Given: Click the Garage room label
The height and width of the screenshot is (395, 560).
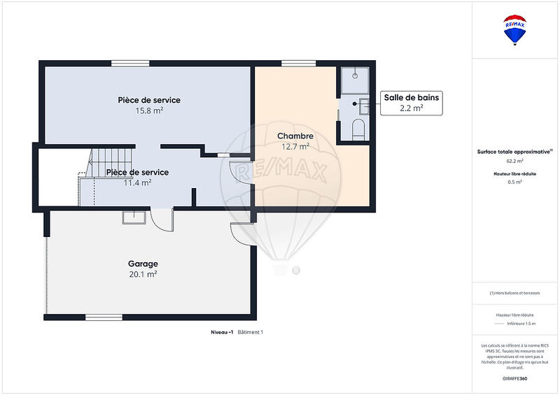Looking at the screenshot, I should [143, 264].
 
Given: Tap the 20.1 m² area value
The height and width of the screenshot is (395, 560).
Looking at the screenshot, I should [143, 274].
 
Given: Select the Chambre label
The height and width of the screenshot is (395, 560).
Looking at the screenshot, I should [295, 136].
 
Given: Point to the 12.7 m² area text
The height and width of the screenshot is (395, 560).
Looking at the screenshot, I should [295, 146].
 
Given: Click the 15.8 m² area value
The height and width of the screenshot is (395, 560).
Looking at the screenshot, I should [149, 110].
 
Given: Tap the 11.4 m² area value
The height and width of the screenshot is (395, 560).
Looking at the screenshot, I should [137, 182].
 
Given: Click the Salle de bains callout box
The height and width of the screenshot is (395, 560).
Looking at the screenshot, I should [411, 103].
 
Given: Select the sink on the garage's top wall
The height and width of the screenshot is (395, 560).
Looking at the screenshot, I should [134, 217].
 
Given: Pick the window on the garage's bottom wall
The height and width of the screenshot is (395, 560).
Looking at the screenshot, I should [104, 317].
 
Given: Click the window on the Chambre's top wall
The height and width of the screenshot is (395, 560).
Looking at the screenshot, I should [294, 64].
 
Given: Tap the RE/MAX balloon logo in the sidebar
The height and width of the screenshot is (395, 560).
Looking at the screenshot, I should [515, 30].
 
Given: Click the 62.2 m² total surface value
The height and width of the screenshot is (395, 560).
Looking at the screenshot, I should [515, 160].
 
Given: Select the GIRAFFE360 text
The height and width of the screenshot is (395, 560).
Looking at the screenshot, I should [515, 378].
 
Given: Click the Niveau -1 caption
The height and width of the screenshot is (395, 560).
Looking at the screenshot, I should [223, 332].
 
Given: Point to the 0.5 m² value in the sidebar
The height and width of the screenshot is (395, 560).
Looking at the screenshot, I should [515, 182].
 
